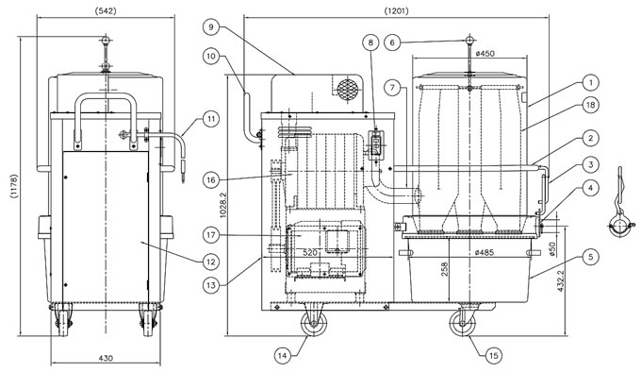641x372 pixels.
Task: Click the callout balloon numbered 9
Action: point(211,27)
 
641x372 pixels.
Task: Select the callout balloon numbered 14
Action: point(282,356)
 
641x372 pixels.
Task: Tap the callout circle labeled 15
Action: point(494,356)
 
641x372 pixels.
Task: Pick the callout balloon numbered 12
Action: point(211,262)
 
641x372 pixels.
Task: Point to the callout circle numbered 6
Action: point(392,42)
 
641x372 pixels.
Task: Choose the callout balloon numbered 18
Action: point(590,105)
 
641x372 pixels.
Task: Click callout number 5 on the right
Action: point(590,257)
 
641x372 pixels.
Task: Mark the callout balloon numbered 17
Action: point(211,235)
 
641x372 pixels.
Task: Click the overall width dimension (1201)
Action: point(396,11)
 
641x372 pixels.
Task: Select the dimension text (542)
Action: point(106,11)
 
